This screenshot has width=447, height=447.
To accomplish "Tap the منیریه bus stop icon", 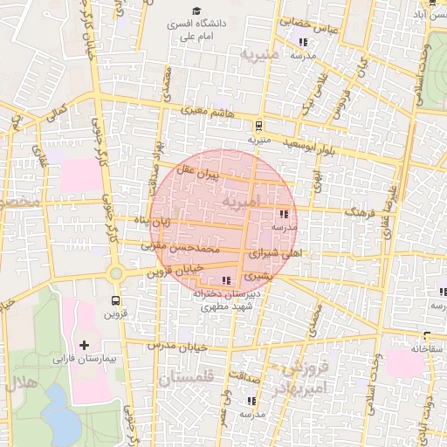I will point(259,126).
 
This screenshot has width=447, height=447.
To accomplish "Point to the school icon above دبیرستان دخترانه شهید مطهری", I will point(227,280).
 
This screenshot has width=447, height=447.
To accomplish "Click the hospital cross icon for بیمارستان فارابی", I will point(84,347).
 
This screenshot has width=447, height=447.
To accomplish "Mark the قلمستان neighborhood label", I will point(186,378).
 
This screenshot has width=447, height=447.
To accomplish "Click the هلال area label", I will point(17,383).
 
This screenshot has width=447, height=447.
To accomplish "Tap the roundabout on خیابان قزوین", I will point(115,274).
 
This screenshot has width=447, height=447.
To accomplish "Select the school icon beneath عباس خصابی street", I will point(303,42).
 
